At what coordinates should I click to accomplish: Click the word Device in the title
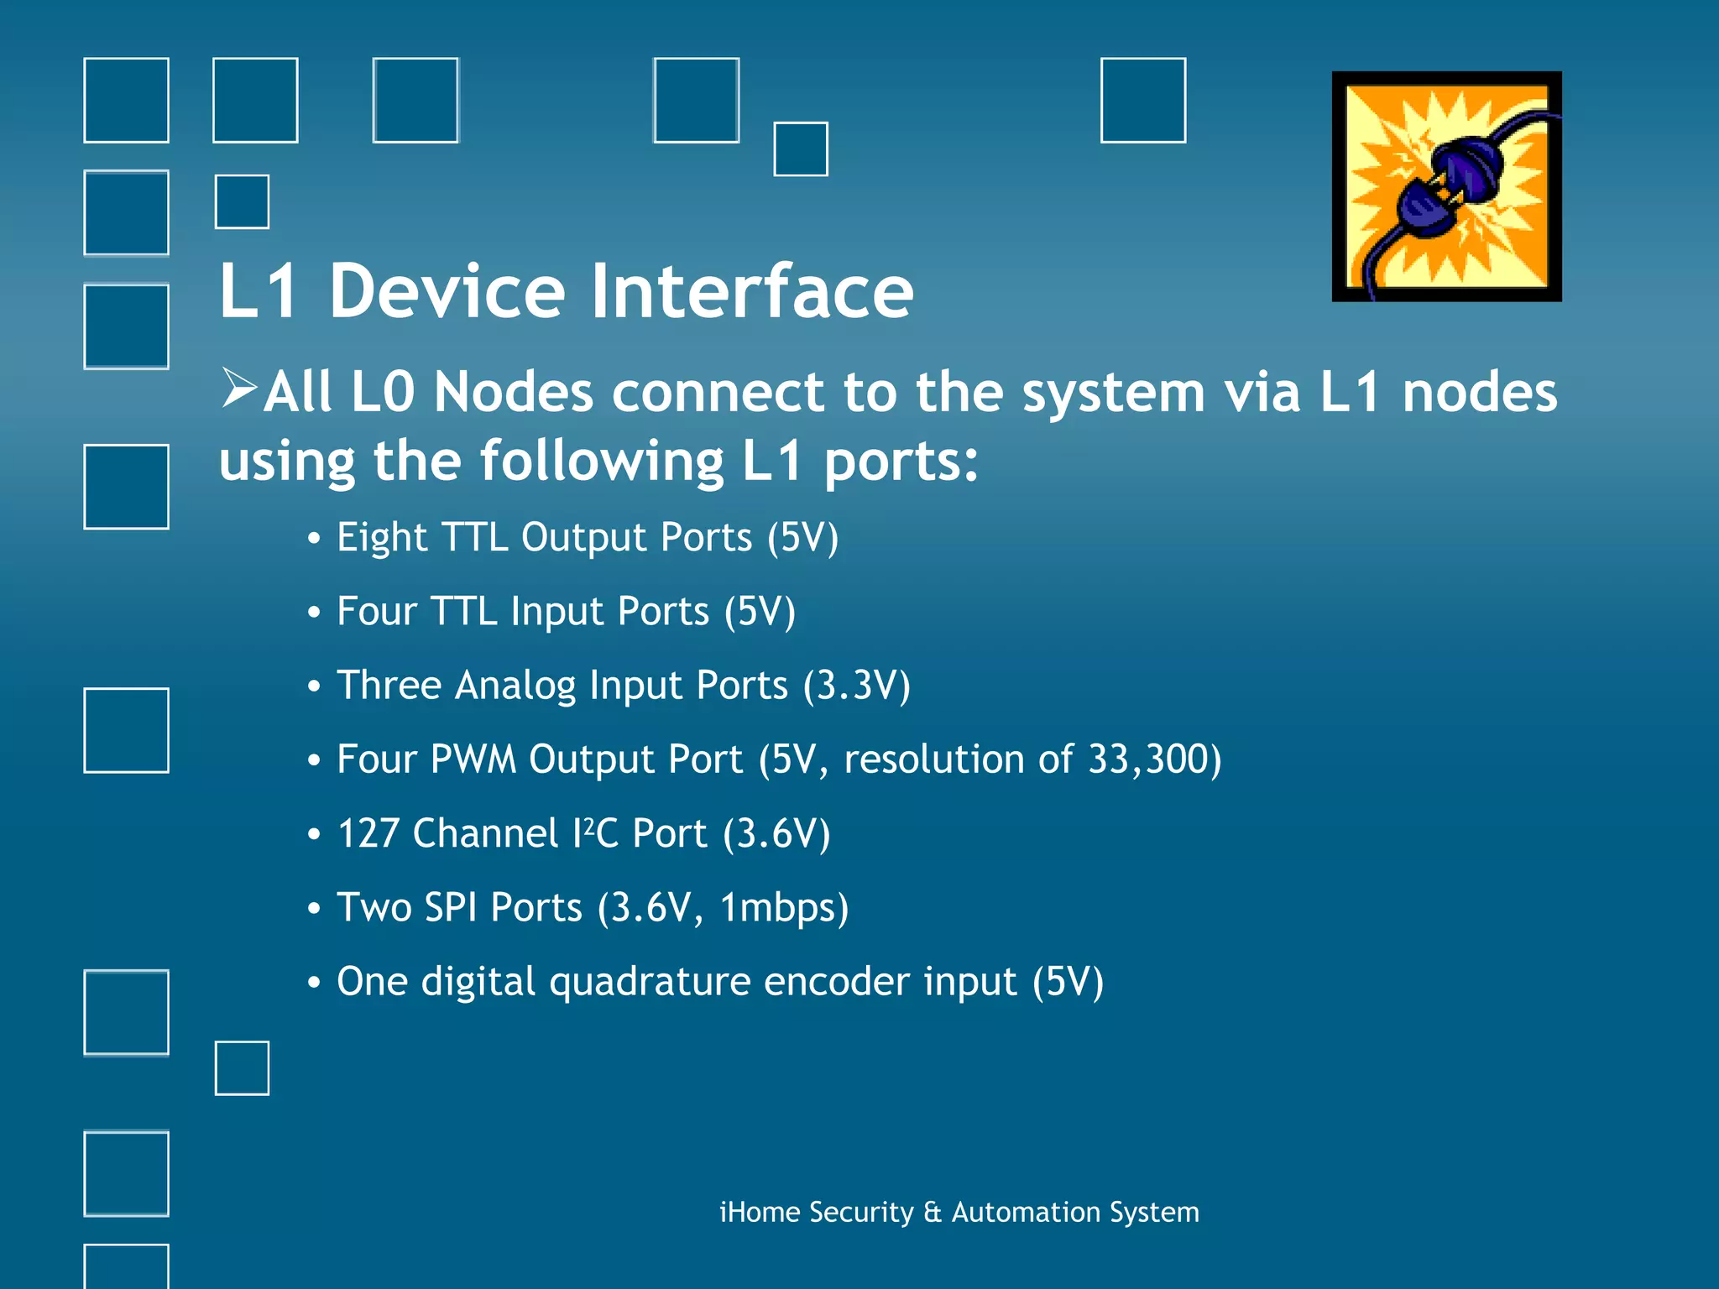pyautogui.click(x=447, y=291)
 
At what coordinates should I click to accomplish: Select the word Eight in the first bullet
pyautogui.click(x=382, y=539)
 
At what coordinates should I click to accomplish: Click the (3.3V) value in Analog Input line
pyautogui.click(x=856, y=686)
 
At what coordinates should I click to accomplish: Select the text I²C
pyautogui.click(x=595, y=834)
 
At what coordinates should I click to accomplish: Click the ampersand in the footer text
pyautogui.click(x=932, y=1213)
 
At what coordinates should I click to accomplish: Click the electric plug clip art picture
pyautogui.click(x=1446, y=186)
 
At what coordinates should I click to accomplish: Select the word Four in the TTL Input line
pyautogui.click(x=376, y=612)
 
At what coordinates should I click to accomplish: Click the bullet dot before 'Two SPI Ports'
pyautogui.click(x=314, y=909)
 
